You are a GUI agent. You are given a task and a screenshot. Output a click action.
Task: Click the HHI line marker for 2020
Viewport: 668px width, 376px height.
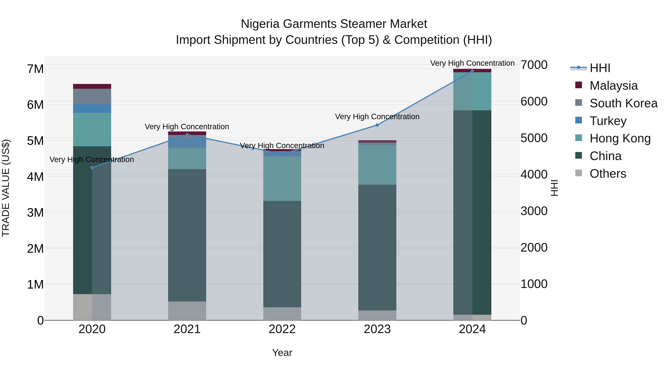tap(92, 168)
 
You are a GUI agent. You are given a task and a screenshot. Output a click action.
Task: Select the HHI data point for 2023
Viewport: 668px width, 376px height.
tap(377, 125)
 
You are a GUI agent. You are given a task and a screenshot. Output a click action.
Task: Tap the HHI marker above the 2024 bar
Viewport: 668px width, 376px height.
tap(472, 71)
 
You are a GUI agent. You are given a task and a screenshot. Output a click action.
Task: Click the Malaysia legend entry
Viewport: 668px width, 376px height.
tap(614, 86)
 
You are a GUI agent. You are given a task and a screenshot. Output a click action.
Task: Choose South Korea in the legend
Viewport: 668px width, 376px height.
tap(623, 103)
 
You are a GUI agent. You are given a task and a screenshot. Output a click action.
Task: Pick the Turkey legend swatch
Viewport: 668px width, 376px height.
tap(579, 120)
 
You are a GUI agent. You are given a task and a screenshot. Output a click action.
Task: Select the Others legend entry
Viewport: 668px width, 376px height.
tap(608, 174)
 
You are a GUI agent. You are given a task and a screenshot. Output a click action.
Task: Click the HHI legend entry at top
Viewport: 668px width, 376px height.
tap(600, 68)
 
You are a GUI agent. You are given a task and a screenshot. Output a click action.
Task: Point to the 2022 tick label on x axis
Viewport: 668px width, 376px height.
tap(282, 329)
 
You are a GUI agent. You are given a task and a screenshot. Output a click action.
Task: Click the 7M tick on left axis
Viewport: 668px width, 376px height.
tap(35, 69)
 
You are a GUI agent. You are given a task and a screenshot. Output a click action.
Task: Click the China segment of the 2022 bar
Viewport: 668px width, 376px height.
tap(282, 254)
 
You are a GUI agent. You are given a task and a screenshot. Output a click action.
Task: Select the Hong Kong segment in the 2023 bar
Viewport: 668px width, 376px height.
tap(377, 165)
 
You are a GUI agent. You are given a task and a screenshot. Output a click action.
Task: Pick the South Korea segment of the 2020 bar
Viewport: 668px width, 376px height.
tap(92, 97)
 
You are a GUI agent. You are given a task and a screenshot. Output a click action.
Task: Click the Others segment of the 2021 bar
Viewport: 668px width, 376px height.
tap(187, 311)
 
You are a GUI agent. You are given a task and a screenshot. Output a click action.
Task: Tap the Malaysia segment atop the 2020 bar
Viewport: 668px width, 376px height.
tap(92, 86)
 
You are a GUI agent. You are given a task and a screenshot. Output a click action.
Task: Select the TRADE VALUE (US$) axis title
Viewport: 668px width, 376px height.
tap(6, 188)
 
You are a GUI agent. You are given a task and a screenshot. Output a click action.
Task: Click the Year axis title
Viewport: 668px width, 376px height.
tap(282, 353)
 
